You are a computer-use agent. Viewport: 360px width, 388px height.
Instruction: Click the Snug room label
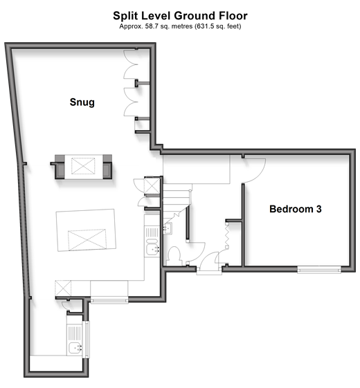(x=82, y=102)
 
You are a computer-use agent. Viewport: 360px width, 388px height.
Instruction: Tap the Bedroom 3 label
(x=296, y=209)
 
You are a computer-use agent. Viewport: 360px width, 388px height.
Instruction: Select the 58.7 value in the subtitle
(x=152, y=26)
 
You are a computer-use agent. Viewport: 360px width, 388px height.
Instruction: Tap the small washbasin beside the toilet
(x=168, y=228)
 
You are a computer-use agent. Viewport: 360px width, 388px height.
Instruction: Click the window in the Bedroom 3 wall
(x=319, y=270)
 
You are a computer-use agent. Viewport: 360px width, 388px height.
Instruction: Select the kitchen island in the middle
(x=86, y=230)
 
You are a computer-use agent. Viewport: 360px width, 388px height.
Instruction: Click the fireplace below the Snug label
(x=83, y=166)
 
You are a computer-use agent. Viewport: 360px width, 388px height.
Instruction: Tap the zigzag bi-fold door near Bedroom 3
(x=226, y=235)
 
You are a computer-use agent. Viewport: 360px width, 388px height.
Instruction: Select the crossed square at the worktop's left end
(x=63, y=288)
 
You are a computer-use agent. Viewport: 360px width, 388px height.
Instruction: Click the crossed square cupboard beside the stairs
(x=152, y=185)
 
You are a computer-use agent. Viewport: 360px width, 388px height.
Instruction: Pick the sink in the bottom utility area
(x=75, y=348)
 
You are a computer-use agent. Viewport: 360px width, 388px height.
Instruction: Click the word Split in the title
(x=125, y=16)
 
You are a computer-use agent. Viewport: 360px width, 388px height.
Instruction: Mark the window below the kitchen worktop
(x=109, y=301)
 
